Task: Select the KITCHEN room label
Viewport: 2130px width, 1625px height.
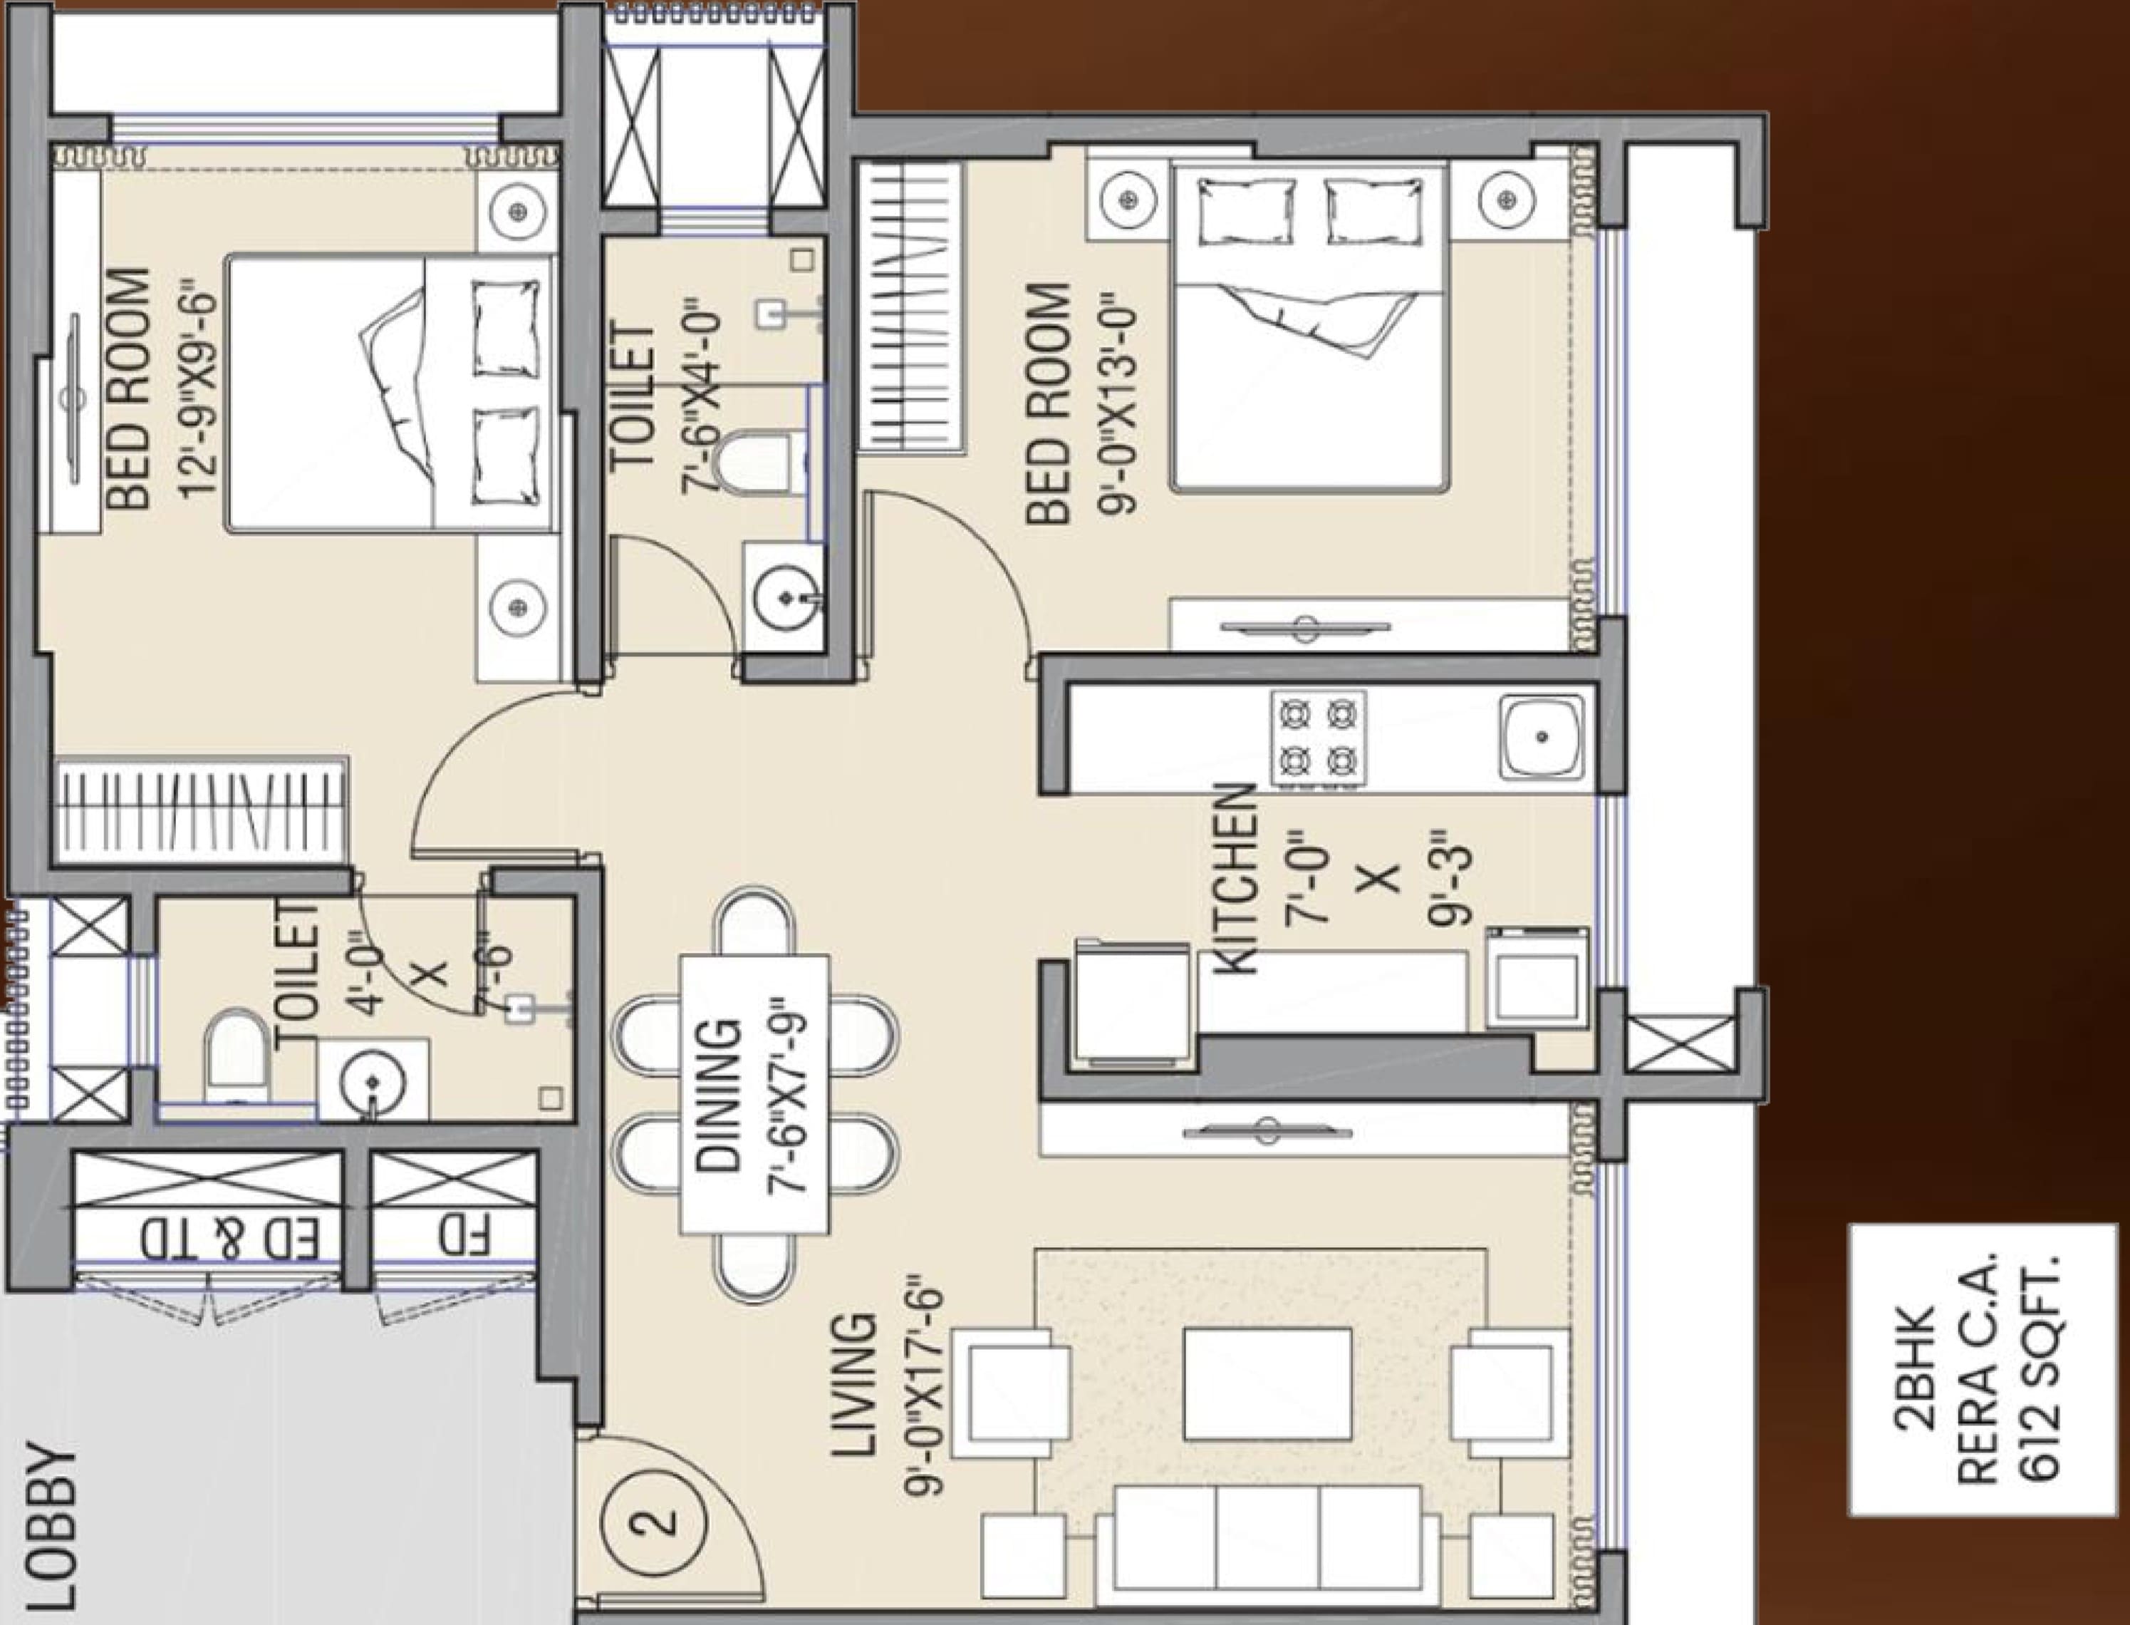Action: (1235, 878)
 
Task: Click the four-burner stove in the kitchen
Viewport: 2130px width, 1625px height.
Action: (1319, 738)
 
